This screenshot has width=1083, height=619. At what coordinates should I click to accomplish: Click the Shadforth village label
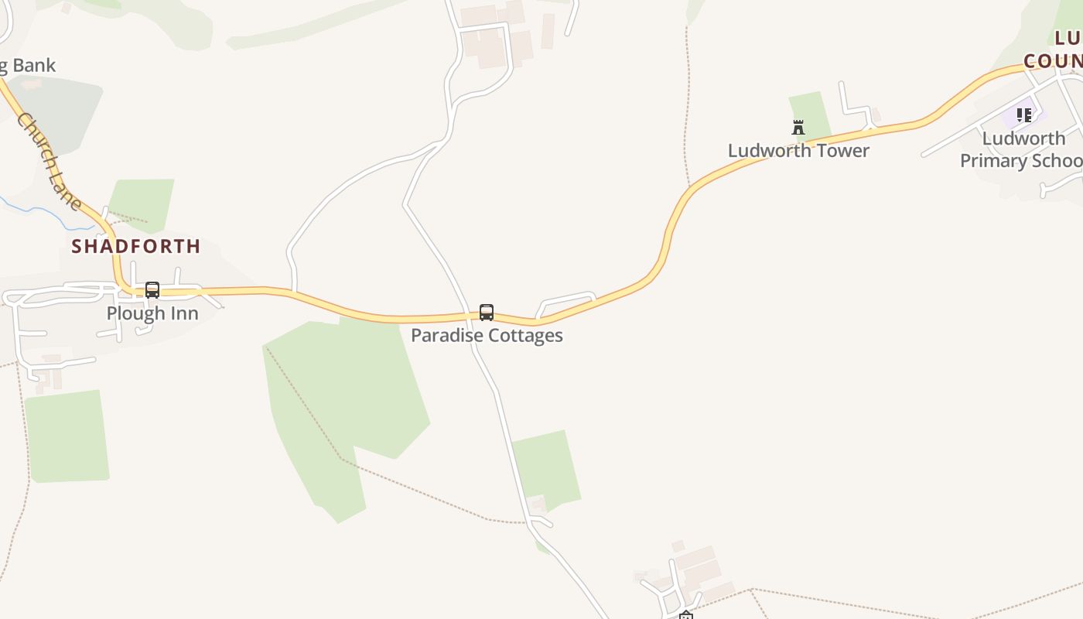pyautogui.click(x=136, y=247)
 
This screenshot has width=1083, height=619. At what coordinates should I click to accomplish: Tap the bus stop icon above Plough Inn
pyautogui.click(x=152, y=290)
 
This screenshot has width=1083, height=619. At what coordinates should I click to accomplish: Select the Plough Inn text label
pyautogui.click(x=152, y=313)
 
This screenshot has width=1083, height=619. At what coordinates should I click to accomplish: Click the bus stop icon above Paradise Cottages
pyautogui.click(x=487, y=313)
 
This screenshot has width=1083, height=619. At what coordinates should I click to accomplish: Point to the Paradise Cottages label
pyautogui.click(x=487, y=336)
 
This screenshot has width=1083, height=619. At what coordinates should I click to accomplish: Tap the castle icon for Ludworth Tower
pyautogui.click(x=798, y=128)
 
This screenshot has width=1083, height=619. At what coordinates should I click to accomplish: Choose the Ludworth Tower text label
pyautogui.click(x=798, y=151)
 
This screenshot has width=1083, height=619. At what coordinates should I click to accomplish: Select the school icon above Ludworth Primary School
pyautogui.click(x=1024, y=115)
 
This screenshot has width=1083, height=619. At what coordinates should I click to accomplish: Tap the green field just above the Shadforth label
pyautogui.click(x=142, y=203)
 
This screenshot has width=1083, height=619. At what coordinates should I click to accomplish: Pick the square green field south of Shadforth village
pyautogui.click(x=67, y=436)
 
